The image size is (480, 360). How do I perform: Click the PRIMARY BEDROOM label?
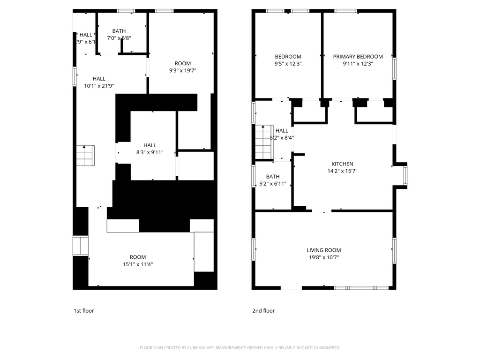coord(358,57)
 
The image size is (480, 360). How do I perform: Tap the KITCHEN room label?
coord(342,164)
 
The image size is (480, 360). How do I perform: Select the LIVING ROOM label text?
coord(323,250)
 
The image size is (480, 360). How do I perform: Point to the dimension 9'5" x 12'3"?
coord(288,64)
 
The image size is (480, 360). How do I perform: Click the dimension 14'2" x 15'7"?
coord(342,171)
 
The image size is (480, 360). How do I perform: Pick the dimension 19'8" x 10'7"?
coord(323,257)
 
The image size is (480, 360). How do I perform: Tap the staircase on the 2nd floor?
coord(263,142)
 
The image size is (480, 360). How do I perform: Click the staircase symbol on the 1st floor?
coord(85,155)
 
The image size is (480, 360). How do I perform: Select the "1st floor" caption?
coord(84,311)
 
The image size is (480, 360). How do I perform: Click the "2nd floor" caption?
coord(263,311)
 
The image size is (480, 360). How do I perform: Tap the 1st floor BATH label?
coord(119,31)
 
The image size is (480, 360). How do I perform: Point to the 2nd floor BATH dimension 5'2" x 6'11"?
coord(273,184)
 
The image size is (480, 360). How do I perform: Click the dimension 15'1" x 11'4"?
coord(138,264)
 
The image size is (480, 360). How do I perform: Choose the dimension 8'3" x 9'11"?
coord(150,152)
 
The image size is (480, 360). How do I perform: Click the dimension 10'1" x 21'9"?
coord(99,86)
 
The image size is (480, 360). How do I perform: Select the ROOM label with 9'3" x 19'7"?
coord(183,64)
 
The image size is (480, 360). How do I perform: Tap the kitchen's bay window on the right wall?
coord(405,175)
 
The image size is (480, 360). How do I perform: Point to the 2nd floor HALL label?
coord(282,131)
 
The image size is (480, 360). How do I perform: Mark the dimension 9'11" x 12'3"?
coord(358,64)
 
